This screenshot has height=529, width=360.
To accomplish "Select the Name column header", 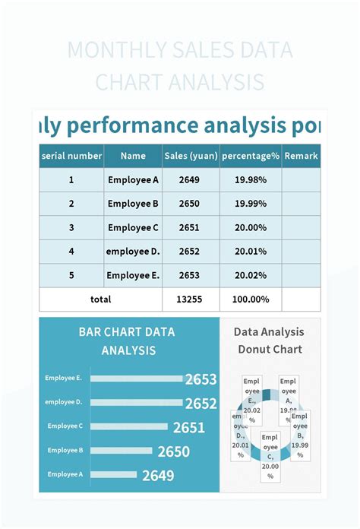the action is coord(133,156).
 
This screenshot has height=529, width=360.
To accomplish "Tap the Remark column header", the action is coord(301,156).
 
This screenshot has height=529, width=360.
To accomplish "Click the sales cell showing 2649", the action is coord(190,180).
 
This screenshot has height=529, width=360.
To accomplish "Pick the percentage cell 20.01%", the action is coord(251,252).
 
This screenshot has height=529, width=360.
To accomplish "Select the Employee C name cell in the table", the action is coord(133,227).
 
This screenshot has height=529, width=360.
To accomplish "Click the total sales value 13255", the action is coord(190,299).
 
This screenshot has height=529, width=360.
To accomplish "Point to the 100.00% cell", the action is coord(251,299).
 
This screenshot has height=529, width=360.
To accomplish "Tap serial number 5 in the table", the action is coord(71,275).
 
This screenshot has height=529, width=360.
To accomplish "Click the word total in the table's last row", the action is coord(101,299).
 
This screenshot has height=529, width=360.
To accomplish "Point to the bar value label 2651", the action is coord(189,428).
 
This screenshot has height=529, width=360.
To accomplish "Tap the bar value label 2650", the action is coord(174,451).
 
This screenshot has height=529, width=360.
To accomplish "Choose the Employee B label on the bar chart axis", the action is coord(65,450).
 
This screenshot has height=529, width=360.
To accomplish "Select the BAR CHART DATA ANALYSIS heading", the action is coord(127,341).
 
